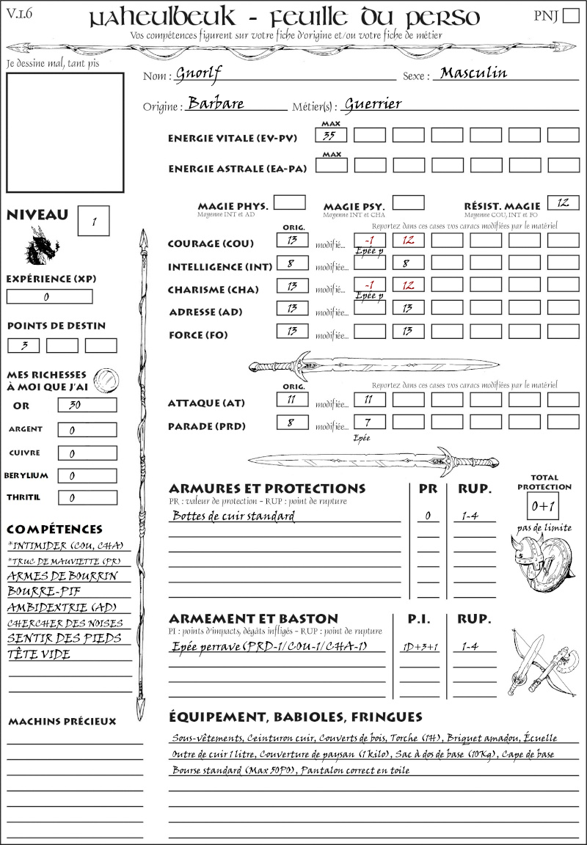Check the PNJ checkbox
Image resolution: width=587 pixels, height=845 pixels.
(x=570, y=16)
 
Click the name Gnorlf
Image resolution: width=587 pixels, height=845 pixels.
(x=199, y=73)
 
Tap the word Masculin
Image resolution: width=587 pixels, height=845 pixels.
(x=473, y=73)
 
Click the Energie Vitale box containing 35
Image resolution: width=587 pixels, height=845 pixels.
(x=331, y=135)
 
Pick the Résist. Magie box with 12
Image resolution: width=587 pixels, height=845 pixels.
(x=563, y=202)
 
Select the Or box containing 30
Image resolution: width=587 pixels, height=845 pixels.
(x=87, y=405)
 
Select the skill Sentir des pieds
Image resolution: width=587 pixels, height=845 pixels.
(x=64, y=638)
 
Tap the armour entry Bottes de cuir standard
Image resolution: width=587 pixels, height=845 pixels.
(x=233, y=516)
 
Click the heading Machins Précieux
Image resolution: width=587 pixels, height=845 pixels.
(x=62, y=721)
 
